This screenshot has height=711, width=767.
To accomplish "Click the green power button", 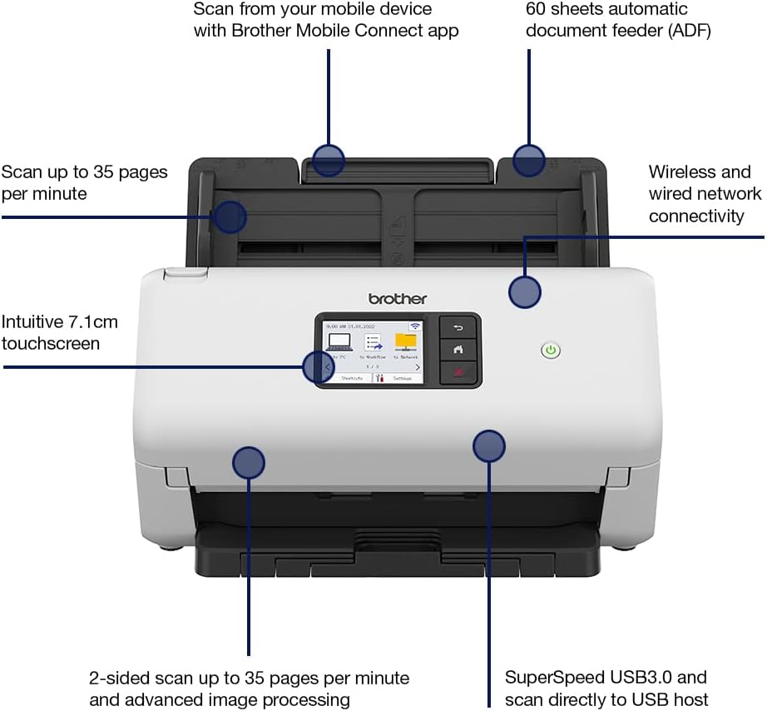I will (x=550, y=351).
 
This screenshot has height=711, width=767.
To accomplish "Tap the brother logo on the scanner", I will (x=398, y=298).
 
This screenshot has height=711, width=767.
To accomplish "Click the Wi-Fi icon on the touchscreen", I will (x=414, y=326).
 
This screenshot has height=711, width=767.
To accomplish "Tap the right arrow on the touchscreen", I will (x=417, y=366).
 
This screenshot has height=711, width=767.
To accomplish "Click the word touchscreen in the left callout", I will (x=51, y=343).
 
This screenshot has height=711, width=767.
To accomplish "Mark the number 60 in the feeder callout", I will (x=537, y=9).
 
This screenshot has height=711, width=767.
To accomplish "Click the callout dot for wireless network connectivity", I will (x=525, y=292).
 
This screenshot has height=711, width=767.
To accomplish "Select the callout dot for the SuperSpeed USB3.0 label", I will (x=489, y=446).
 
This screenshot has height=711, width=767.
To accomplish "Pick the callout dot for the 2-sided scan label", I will (x=248, y=462).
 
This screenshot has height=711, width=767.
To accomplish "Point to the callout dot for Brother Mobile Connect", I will (x=329, y=159).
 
